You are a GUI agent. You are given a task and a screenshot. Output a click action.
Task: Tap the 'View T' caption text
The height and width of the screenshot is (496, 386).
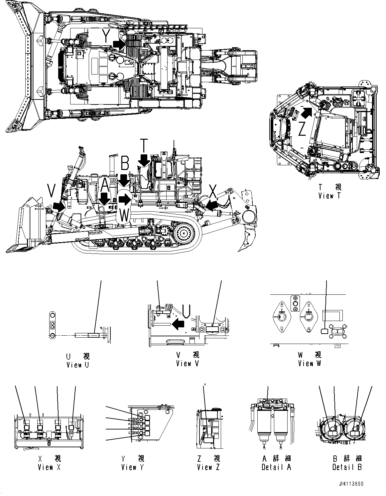(x=329, y=196)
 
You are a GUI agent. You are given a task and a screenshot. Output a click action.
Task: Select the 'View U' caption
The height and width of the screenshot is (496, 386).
(x=78, y=365)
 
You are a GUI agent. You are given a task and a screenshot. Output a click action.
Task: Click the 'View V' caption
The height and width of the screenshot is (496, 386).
(x=187, y=363)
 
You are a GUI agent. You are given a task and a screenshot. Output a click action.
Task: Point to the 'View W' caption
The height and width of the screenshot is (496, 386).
(x=310, y=363)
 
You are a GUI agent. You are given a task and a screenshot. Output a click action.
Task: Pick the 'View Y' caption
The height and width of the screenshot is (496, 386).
(x=133, y=467)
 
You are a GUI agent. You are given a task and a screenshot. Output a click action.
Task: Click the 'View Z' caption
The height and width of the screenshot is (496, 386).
(x=208, y=467)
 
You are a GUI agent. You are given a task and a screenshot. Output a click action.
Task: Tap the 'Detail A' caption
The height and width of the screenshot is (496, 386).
(x=276, y=467)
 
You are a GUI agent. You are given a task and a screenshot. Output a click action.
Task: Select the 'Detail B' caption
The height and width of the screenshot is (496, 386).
(x=347, y=467)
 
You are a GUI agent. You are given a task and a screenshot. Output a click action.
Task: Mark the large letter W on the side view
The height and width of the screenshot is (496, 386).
(x=124, y=215)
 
